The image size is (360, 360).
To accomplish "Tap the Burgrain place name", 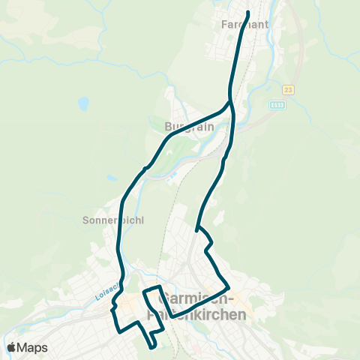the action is (x=189, y=127).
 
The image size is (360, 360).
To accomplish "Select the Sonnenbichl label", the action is (x=112, y=220).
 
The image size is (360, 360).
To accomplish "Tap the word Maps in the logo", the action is (x=32, y=347).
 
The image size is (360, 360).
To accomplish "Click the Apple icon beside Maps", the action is (x=11, y=347).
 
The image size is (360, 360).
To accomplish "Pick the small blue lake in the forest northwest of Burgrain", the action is (x=82, y=103).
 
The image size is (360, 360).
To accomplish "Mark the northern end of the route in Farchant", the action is (x=247, y=13).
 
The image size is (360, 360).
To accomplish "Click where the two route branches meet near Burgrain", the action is (x=229, y=102).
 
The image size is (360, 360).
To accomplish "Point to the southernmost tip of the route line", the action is (x=153, y=347).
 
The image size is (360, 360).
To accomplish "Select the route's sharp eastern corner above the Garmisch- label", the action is (x=229, y=286).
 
